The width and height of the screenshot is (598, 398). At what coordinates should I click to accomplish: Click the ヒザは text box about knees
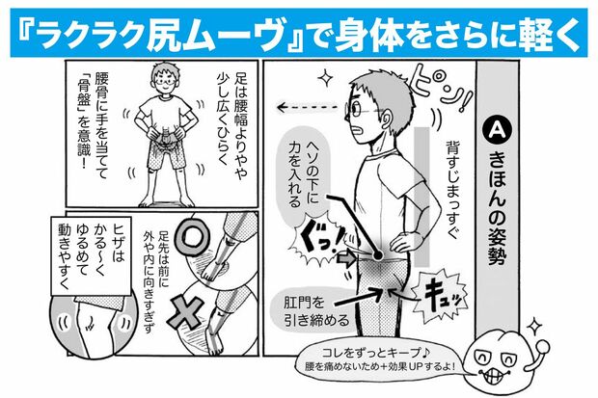point(84,260)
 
